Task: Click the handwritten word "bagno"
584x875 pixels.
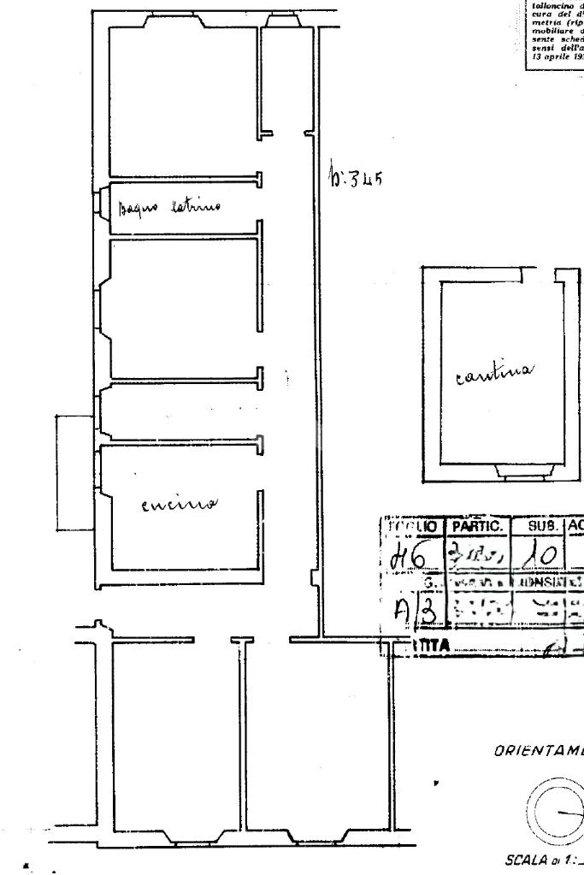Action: (138, 207)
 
